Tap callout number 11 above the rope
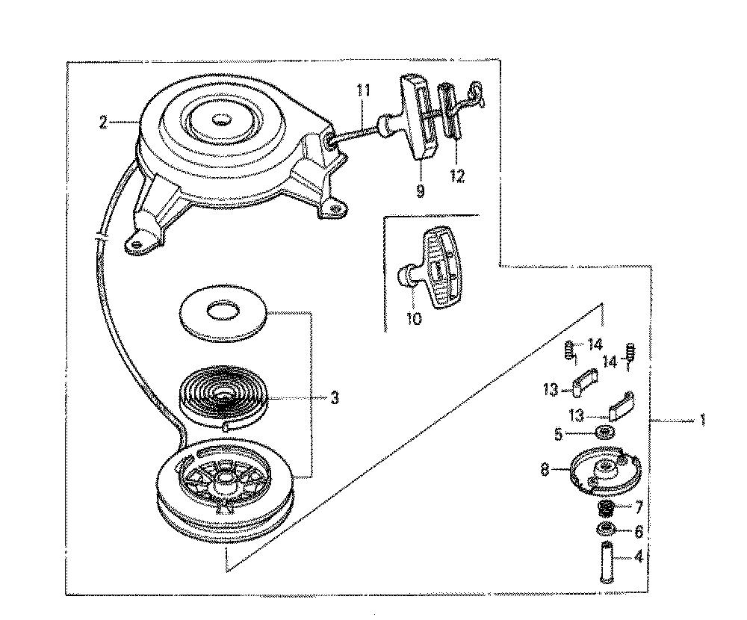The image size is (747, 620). (x=363, y=90)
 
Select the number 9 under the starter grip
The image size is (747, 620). (x=420, y=191)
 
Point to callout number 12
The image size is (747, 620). (x=457, y=176)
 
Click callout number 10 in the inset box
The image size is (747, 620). (x=414, y=318)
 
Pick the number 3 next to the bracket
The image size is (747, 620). (x=335, y=397)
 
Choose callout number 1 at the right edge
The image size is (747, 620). (x=701, y=421)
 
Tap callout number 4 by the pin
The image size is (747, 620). (x=639, y=557)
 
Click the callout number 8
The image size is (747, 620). (x=545, y=470)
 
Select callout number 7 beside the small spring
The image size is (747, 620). (x=639, y=506)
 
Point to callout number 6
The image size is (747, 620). (x=639, y=530)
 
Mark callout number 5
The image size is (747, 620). (x=558, y=435)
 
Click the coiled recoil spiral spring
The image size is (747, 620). (x=223, y=395)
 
